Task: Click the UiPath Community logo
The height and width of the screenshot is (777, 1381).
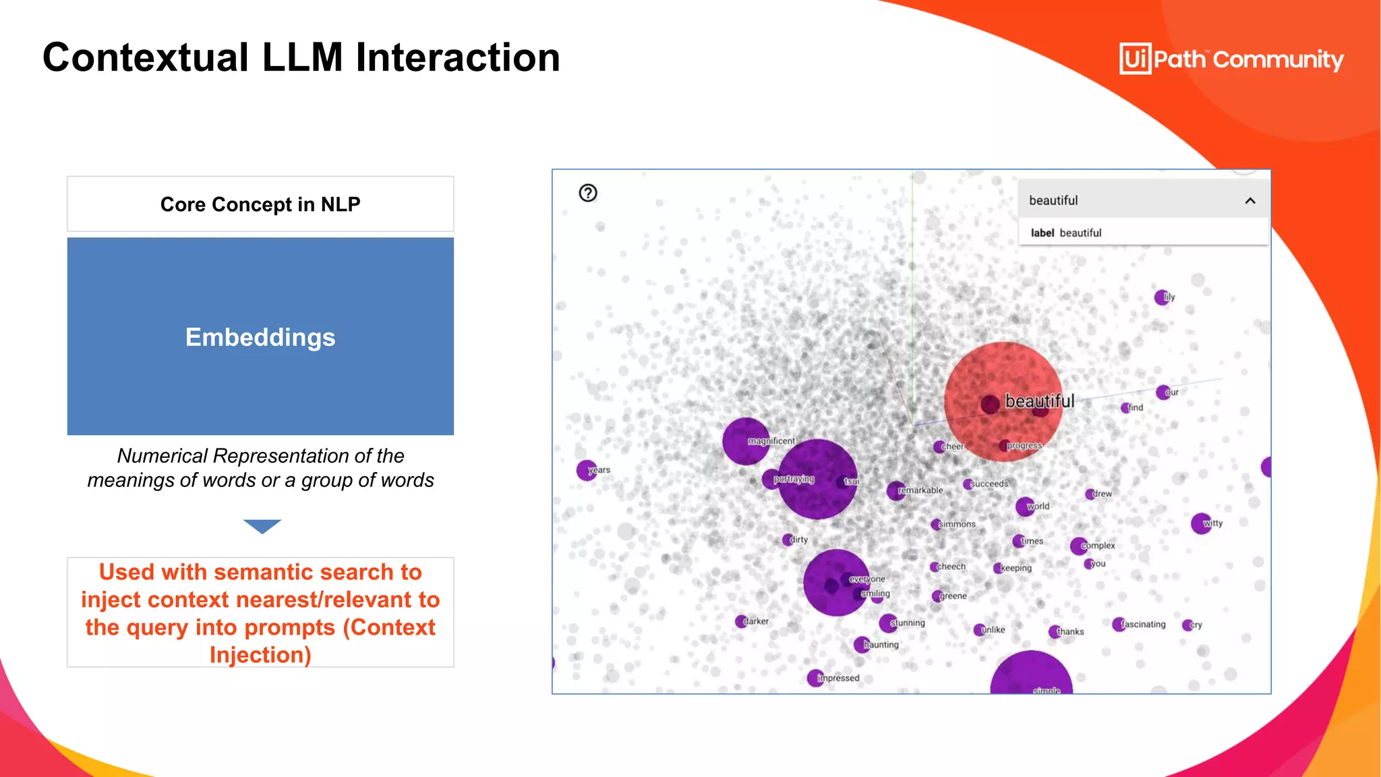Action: (1231, 59)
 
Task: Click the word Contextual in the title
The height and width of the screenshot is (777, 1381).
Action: (146, 57)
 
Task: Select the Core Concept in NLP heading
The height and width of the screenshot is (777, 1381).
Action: (260, 204)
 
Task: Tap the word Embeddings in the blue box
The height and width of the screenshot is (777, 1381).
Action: (260, 337)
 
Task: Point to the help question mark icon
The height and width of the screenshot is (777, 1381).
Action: (588, 194)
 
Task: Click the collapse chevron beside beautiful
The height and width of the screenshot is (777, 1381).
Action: (1250, 201)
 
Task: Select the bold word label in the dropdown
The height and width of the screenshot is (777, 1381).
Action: (1042, 233)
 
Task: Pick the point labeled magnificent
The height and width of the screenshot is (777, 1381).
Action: (746, 441)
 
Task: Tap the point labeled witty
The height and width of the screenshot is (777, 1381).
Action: (1201, 523)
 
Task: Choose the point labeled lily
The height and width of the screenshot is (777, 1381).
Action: (1162, 297)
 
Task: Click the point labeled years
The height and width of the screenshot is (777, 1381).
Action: (587, 470)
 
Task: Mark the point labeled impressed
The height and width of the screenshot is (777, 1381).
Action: (815, 678)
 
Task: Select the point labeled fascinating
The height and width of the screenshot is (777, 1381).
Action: (1119, 625)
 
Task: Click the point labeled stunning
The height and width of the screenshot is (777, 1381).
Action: (889, 623)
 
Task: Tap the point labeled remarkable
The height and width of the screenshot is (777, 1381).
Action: (896, 490)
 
